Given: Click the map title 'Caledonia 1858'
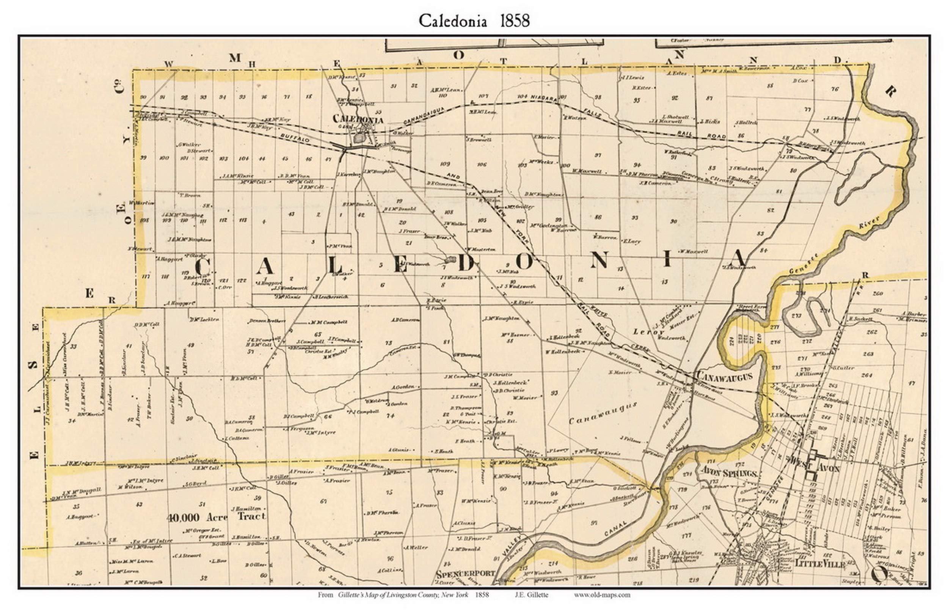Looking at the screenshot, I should click(474, 21).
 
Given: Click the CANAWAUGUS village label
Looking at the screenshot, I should click(724, 376).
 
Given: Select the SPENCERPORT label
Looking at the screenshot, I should click(465, 574).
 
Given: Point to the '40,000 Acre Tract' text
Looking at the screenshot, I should click(217, 517).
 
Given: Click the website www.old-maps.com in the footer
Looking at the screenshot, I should click(602, 595).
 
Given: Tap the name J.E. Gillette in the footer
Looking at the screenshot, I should click(531, 595).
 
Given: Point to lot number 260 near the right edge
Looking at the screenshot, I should click(877, 294).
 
